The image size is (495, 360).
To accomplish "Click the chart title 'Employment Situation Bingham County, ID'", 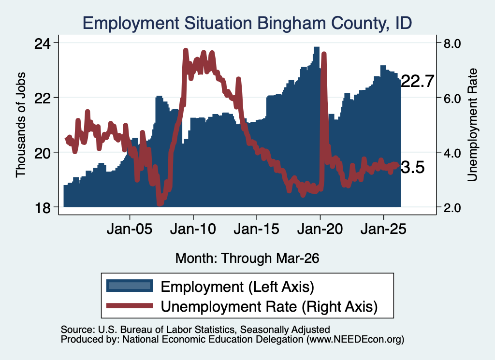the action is click(247, 23).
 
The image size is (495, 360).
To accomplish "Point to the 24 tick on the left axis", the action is click(43, 43).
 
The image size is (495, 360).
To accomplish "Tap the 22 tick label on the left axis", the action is click(43, 99).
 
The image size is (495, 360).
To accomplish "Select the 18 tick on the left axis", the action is click(43, 208).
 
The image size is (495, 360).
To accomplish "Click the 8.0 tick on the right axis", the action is click(452, 43).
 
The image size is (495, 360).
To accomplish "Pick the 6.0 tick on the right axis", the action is click(452, 99).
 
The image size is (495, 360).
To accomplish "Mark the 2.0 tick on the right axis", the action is click(452, 208).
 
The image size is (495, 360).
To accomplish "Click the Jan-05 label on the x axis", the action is click(130, 229).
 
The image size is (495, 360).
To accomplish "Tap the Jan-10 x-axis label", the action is click(193, 229).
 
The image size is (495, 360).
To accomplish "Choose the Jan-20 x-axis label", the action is click(320, 229).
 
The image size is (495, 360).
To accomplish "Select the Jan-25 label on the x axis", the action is click(383, 229).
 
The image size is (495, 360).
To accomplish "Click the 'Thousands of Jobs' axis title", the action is click(20, 125).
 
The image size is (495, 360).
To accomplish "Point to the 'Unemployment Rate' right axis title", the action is click(472, 125).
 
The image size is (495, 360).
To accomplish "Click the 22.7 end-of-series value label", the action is click(417, 82).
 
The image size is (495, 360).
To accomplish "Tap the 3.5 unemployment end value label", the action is click(413, 167).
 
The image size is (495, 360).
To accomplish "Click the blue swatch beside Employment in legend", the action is click(130, 286).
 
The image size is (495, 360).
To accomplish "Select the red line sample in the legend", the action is click(130, 305).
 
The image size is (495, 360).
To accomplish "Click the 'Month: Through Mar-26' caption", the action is click(247, 258).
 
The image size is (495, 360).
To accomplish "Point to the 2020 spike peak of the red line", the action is click(323, 54).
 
